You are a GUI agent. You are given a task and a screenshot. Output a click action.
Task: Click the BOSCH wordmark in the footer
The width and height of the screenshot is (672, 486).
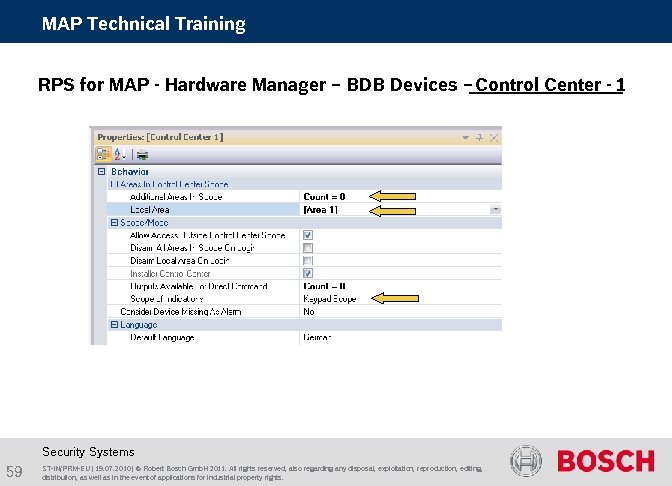point(605,462)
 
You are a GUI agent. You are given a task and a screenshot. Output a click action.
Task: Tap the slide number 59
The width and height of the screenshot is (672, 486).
point(15,471)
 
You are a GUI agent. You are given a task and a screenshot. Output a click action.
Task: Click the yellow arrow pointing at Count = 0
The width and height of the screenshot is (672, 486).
point(393,197)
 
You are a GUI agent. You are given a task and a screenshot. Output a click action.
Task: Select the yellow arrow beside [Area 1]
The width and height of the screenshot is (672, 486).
point(393,210)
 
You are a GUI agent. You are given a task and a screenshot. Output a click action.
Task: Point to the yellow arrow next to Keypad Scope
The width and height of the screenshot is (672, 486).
point(393,298)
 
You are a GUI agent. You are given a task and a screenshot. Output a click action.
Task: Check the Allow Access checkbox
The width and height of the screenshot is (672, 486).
point(308,236)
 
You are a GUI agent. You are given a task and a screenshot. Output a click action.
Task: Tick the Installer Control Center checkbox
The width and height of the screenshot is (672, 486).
point(308,273)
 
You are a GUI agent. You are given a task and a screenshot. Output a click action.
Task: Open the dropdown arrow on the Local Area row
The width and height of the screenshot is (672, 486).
point(495,210)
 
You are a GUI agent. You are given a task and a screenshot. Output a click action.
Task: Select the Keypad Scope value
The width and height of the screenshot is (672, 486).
point(330,298)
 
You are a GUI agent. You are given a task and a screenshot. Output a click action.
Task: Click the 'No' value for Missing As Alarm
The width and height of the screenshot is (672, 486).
point(309,311)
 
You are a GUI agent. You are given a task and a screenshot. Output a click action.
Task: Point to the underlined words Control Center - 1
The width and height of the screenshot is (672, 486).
point(550,85)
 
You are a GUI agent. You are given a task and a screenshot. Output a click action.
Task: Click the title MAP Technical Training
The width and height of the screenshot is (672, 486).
point(143,23)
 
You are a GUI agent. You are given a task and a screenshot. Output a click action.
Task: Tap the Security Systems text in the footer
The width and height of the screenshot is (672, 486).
point(88,452)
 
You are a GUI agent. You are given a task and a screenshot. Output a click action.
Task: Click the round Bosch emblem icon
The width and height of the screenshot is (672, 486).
point(526,461)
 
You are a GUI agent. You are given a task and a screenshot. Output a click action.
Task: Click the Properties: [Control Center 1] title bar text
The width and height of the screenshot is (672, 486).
point(160,136)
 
